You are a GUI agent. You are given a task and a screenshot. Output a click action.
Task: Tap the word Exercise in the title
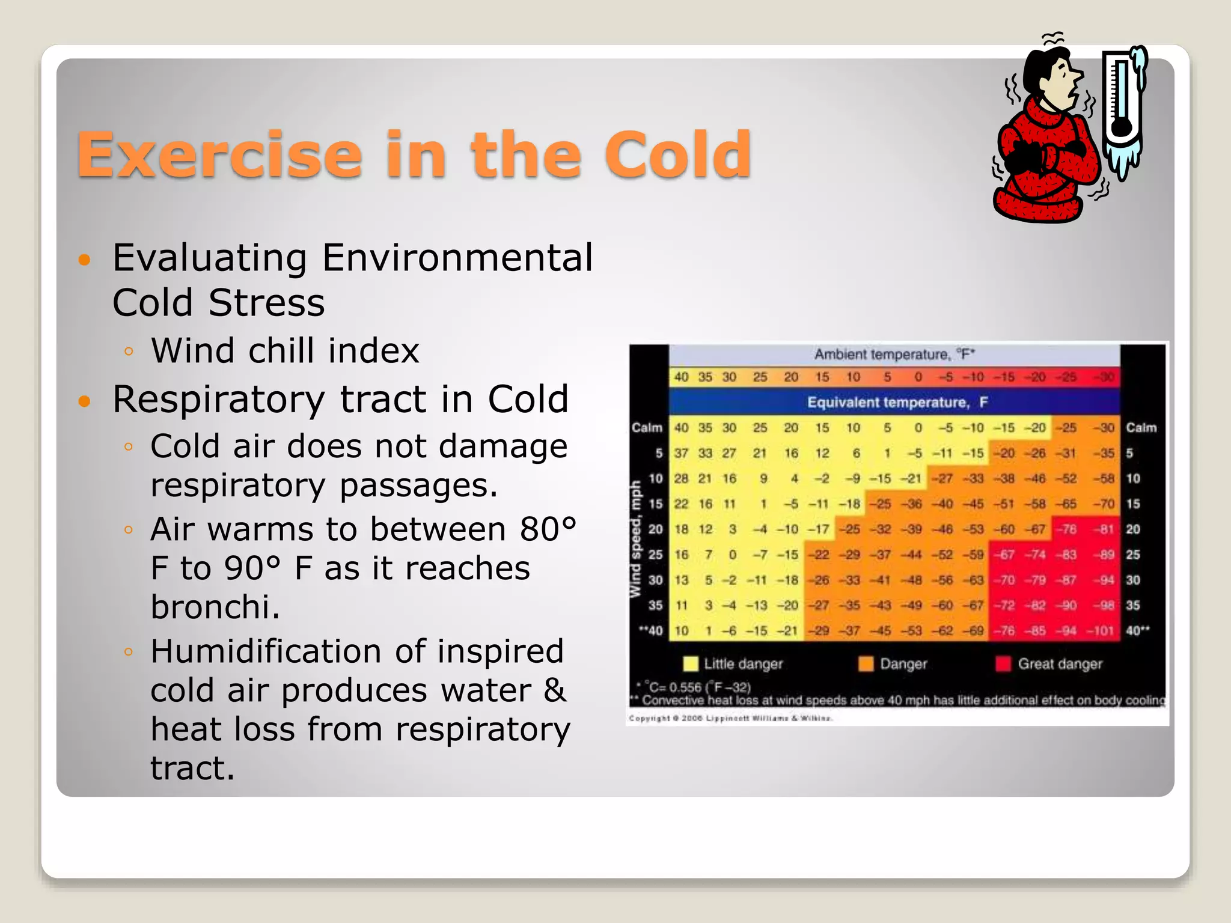point(219,155)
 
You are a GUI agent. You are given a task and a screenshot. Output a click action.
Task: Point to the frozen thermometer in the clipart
point(1122,108)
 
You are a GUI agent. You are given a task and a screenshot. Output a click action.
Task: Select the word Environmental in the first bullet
point(457,258)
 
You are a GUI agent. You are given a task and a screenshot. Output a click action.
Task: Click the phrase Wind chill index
point(285,351)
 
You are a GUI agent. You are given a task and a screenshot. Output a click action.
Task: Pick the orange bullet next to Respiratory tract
point(84,401)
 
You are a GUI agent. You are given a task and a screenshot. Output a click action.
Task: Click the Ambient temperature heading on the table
point(893,355)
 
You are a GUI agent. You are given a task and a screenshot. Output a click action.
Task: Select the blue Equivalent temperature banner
point(894,402)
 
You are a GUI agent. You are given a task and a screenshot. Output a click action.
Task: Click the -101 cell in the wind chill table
point(1100,631)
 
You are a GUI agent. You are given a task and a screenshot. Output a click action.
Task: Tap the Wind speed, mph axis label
point(635,539)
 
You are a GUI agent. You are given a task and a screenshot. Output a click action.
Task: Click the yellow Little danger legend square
point(691,664)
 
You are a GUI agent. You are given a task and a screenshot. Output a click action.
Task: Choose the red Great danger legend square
point(1003,664)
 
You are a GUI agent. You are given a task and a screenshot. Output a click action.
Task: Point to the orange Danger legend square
point(866,664)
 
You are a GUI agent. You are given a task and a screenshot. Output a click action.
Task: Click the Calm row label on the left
point(647,428)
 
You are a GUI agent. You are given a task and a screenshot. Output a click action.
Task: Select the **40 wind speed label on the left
point(650,631)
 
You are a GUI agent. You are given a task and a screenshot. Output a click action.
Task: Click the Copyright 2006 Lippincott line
point(730,718)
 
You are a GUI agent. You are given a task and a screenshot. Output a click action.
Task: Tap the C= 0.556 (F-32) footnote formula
point(697,687)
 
